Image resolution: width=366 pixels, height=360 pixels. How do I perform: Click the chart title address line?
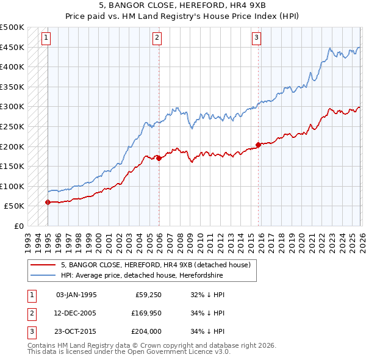pos(182,6)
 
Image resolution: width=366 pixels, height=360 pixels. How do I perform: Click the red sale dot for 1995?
pos(48,202)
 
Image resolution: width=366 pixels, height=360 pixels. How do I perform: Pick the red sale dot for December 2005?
pos(159,158)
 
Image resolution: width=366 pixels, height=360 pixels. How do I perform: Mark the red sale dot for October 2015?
pos(258,145)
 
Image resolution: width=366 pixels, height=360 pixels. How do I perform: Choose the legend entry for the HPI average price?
pos(142,276)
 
